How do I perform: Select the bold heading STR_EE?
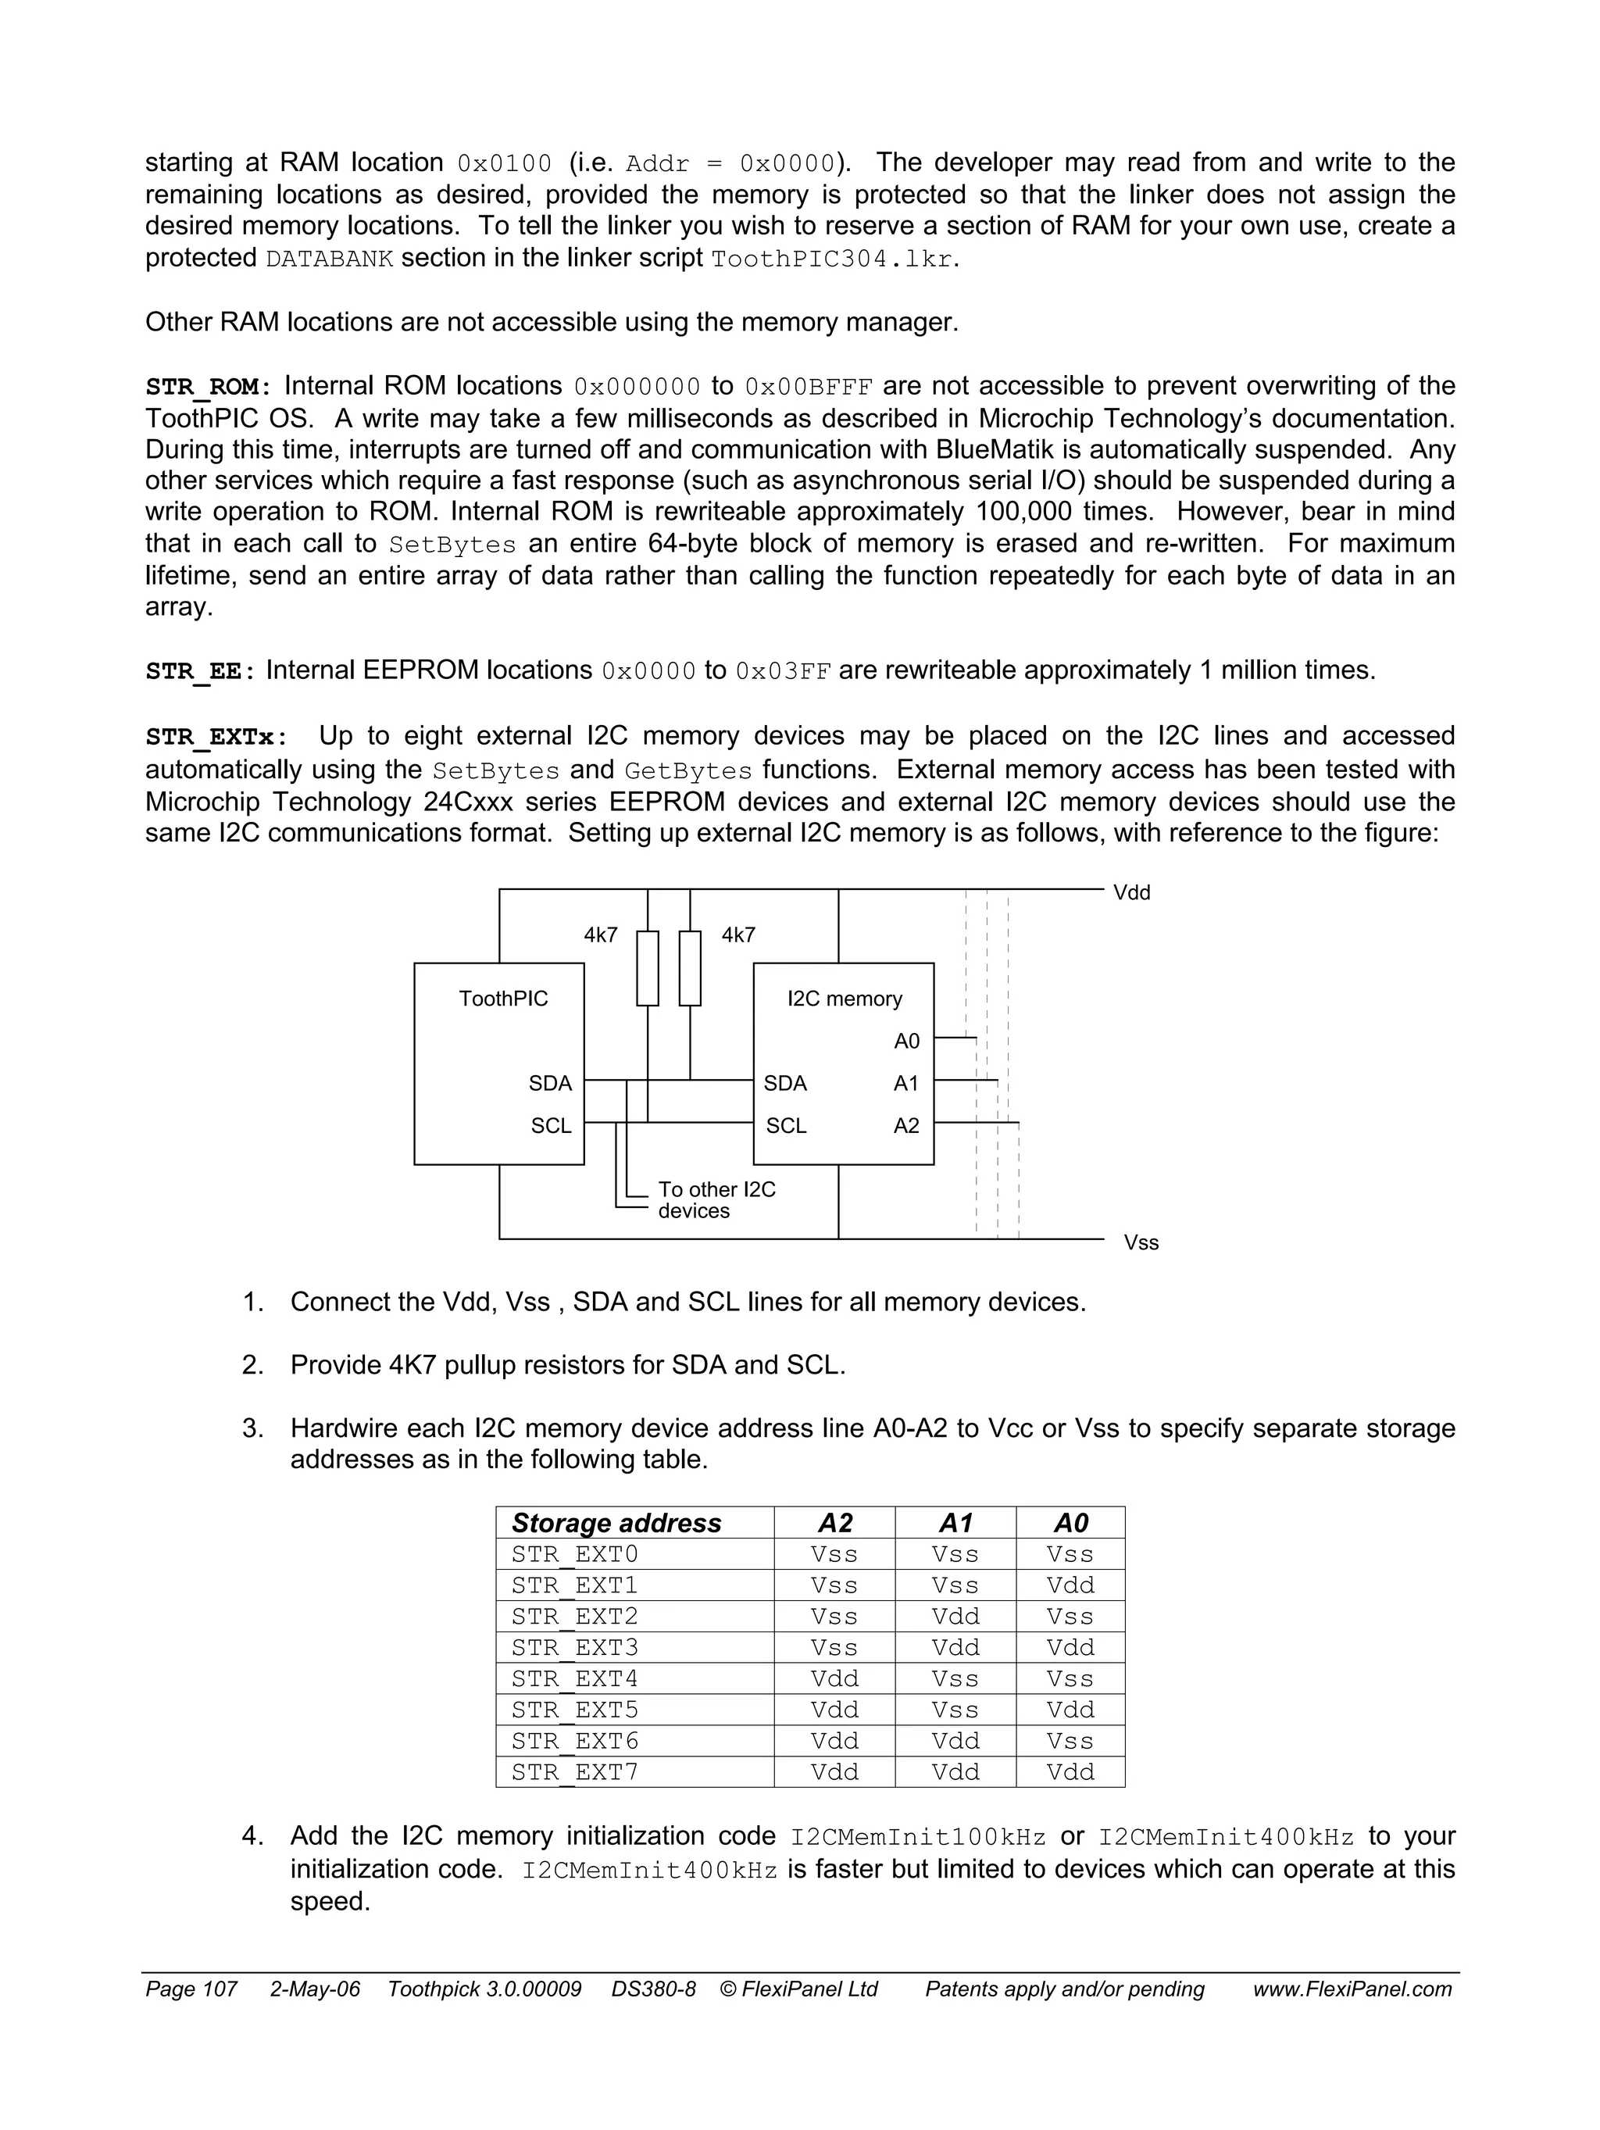pyautogui.click(x=200, y=671)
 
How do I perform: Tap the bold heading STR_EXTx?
pyautogui.click(x=216, y=738)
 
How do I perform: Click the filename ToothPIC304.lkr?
pyautogui.click(x=834, y=259)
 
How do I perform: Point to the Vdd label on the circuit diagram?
pyautogui.click(x=1131, y=892)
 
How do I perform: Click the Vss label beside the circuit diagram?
pyautogui.click(x=1141, y=1243)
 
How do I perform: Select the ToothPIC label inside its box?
pyautogui.click(x=502, y=999)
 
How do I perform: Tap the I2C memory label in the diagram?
pyautogui.click(x=845, y=999)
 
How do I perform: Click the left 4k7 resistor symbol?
pyautogui.click(x=648, y=968)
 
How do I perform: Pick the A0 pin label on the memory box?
pyautogui.click(x=907, y=1041)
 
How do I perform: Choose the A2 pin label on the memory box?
pyautogui.click(x=907, y=1126)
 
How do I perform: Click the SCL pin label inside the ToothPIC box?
pyautogui.click(x=551, y=1126)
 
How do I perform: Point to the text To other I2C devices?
pyautogui.click(x=716, y=1201)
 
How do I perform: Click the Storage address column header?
pyautogui.click(x=616, y=1524)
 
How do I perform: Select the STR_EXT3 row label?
pyautogui.click(x=575, y=1648)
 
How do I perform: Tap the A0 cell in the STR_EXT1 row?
pyautogui.click(x=1070, y=1585)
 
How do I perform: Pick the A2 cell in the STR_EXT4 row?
pyautogui.click(x=834, y=1678)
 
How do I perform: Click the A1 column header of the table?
pyautogui.click(x=955, y=1524)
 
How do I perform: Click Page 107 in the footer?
pyautogui.click(x=191, y=1989)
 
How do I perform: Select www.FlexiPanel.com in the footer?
pyautogui.click(x=1352, y=1989)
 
